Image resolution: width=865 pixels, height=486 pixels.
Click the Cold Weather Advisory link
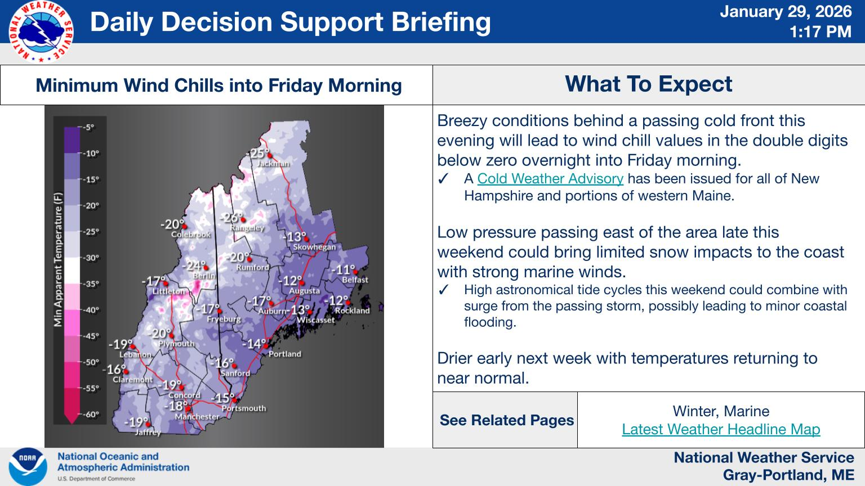[550, 179]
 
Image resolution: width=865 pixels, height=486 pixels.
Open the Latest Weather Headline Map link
[721, 429]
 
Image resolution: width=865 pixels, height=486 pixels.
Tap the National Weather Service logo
[41, 31]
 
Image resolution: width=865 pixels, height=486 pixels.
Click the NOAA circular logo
[28, 467]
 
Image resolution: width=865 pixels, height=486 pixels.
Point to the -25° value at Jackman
[257, 154]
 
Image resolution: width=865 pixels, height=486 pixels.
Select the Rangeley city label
[247, 228]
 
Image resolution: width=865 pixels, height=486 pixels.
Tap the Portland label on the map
[284, 354]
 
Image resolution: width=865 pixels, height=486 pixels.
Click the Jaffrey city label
[148, 433]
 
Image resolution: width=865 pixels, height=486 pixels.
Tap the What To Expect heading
[648, 84]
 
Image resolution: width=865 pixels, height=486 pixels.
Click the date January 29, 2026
[786, 12]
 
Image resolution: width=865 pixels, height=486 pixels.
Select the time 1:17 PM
[820, 32]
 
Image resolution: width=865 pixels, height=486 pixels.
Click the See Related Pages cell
[506, 420]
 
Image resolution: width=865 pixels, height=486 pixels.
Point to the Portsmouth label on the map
[243, 408]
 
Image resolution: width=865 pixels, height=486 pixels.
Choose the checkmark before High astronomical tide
[443, 290]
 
